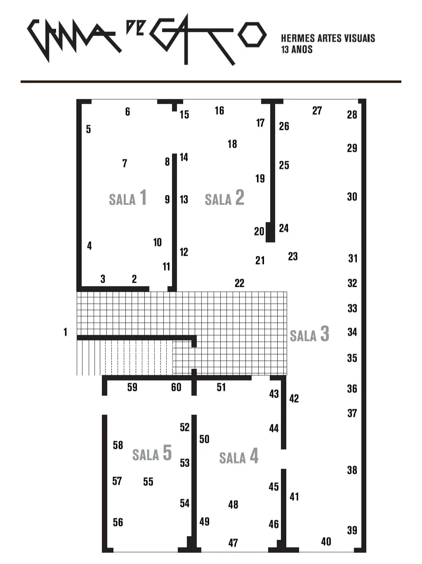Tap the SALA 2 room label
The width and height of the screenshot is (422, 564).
224,198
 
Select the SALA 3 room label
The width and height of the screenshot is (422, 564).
309,334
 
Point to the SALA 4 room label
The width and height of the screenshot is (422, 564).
239,457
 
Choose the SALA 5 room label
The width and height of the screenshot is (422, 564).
152,453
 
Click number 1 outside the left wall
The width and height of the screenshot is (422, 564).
65,332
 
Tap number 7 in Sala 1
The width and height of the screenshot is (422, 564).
125,163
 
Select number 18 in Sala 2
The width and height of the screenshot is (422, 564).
232,144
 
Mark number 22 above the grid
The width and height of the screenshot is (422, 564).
239,283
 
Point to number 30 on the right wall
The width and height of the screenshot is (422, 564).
352,197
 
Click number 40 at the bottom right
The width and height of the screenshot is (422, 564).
326,541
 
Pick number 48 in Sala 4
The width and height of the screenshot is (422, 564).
233,505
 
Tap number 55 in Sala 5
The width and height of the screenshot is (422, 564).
148,481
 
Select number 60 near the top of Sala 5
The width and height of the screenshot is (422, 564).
176,387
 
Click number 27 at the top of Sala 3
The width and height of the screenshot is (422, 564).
317,111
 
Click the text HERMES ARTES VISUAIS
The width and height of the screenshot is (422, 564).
328,38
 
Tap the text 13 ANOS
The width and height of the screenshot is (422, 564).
297,50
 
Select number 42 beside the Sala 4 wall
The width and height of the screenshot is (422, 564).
294,398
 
